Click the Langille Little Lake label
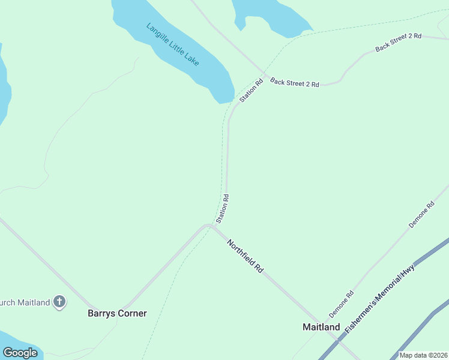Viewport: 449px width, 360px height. (x=173, y=45)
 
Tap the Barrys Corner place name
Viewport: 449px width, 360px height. (x=117, y=313)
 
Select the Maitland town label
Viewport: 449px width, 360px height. (x=321, y=327)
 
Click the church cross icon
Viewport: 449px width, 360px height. (x=59, y=302)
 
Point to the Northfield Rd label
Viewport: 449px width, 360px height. (x=246, y=256)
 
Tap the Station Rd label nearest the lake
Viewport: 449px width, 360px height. (x=252, y=91)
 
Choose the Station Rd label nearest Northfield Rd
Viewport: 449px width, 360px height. (x=222, y=208)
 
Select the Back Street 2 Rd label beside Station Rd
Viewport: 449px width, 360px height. (x=294, y=83)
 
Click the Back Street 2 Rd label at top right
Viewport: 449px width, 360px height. (x=399, y=42)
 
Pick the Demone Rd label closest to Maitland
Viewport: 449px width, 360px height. (x=341, y=305)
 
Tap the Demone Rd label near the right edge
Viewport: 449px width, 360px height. (x=421, y=215)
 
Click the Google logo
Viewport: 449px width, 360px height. (x=20, y=353)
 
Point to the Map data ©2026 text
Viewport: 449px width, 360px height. (x=423, y=355)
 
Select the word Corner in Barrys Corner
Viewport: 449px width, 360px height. (x=132, y=313)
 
